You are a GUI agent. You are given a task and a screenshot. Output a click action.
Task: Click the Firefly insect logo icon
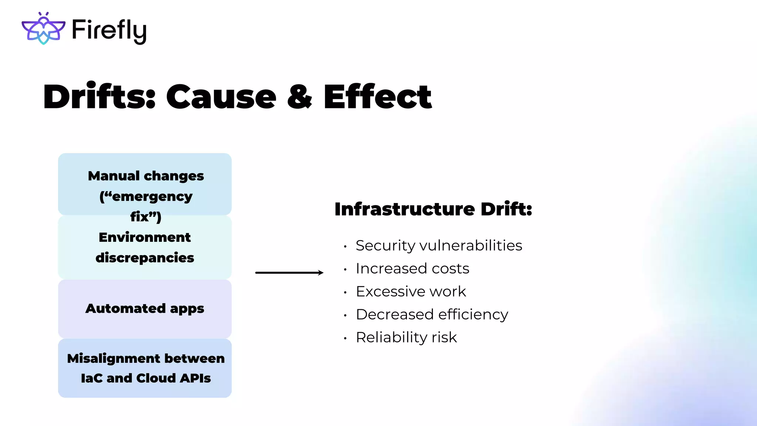[x=43, y=28]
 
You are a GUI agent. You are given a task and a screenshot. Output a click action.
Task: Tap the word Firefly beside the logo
[x=109, y=30]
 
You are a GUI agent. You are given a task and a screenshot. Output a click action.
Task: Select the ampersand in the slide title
[x=299, y=97]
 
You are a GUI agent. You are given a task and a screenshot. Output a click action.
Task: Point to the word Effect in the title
[x=377, y=97]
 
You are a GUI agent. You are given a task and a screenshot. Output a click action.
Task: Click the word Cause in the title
[x=221, y=97]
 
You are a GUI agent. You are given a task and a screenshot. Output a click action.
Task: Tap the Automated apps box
[x=145, y=308]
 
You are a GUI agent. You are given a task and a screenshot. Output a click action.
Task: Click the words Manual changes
[x=146, y=176]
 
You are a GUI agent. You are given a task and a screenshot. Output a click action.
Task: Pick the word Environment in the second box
[x=145, y=237]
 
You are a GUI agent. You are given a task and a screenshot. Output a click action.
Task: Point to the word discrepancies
[x=145, y=258]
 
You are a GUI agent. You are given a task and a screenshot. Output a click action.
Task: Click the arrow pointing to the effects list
[x=289, y=273]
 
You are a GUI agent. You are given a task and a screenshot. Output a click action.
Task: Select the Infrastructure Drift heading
[x=433, y=209]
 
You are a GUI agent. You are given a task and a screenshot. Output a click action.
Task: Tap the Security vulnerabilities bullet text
[x=439, y=246]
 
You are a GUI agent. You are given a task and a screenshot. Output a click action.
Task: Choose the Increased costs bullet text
[x=412, y=268]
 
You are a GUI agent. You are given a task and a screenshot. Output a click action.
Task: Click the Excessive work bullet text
[x=411, y=291]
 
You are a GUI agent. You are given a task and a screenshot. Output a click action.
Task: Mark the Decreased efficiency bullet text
[x=432, y=314]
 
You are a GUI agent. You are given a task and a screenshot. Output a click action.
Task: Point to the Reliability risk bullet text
[x=406, y=337]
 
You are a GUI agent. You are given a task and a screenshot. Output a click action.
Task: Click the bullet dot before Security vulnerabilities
[x=345, y=247]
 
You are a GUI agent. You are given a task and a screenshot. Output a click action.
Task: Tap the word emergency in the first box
[x=152, y=196]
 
